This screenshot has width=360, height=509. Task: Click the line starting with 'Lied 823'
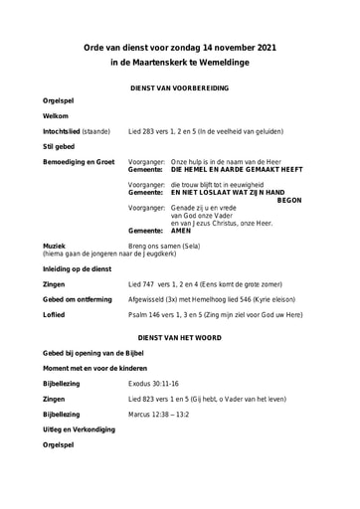[207, 398]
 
